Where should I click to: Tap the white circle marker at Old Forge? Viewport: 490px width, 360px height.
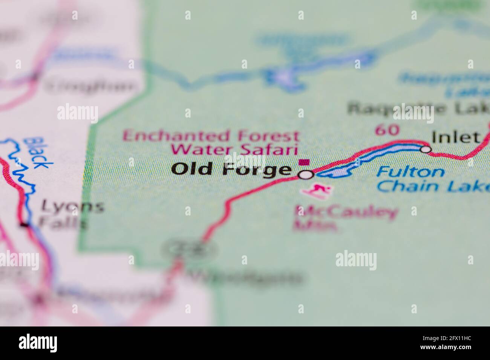point(306,175)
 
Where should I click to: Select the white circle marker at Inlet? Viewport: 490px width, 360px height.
point(426,149)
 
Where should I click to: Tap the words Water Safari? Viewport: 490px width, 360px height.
point(233,149)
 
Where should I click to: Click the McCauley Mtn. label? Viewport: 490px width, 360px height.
point(345,218)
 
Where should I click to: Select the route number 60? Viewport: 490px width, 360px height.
point(387,130)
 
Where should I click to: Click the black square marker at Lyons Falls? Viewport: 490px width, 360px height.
point(24,225)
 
